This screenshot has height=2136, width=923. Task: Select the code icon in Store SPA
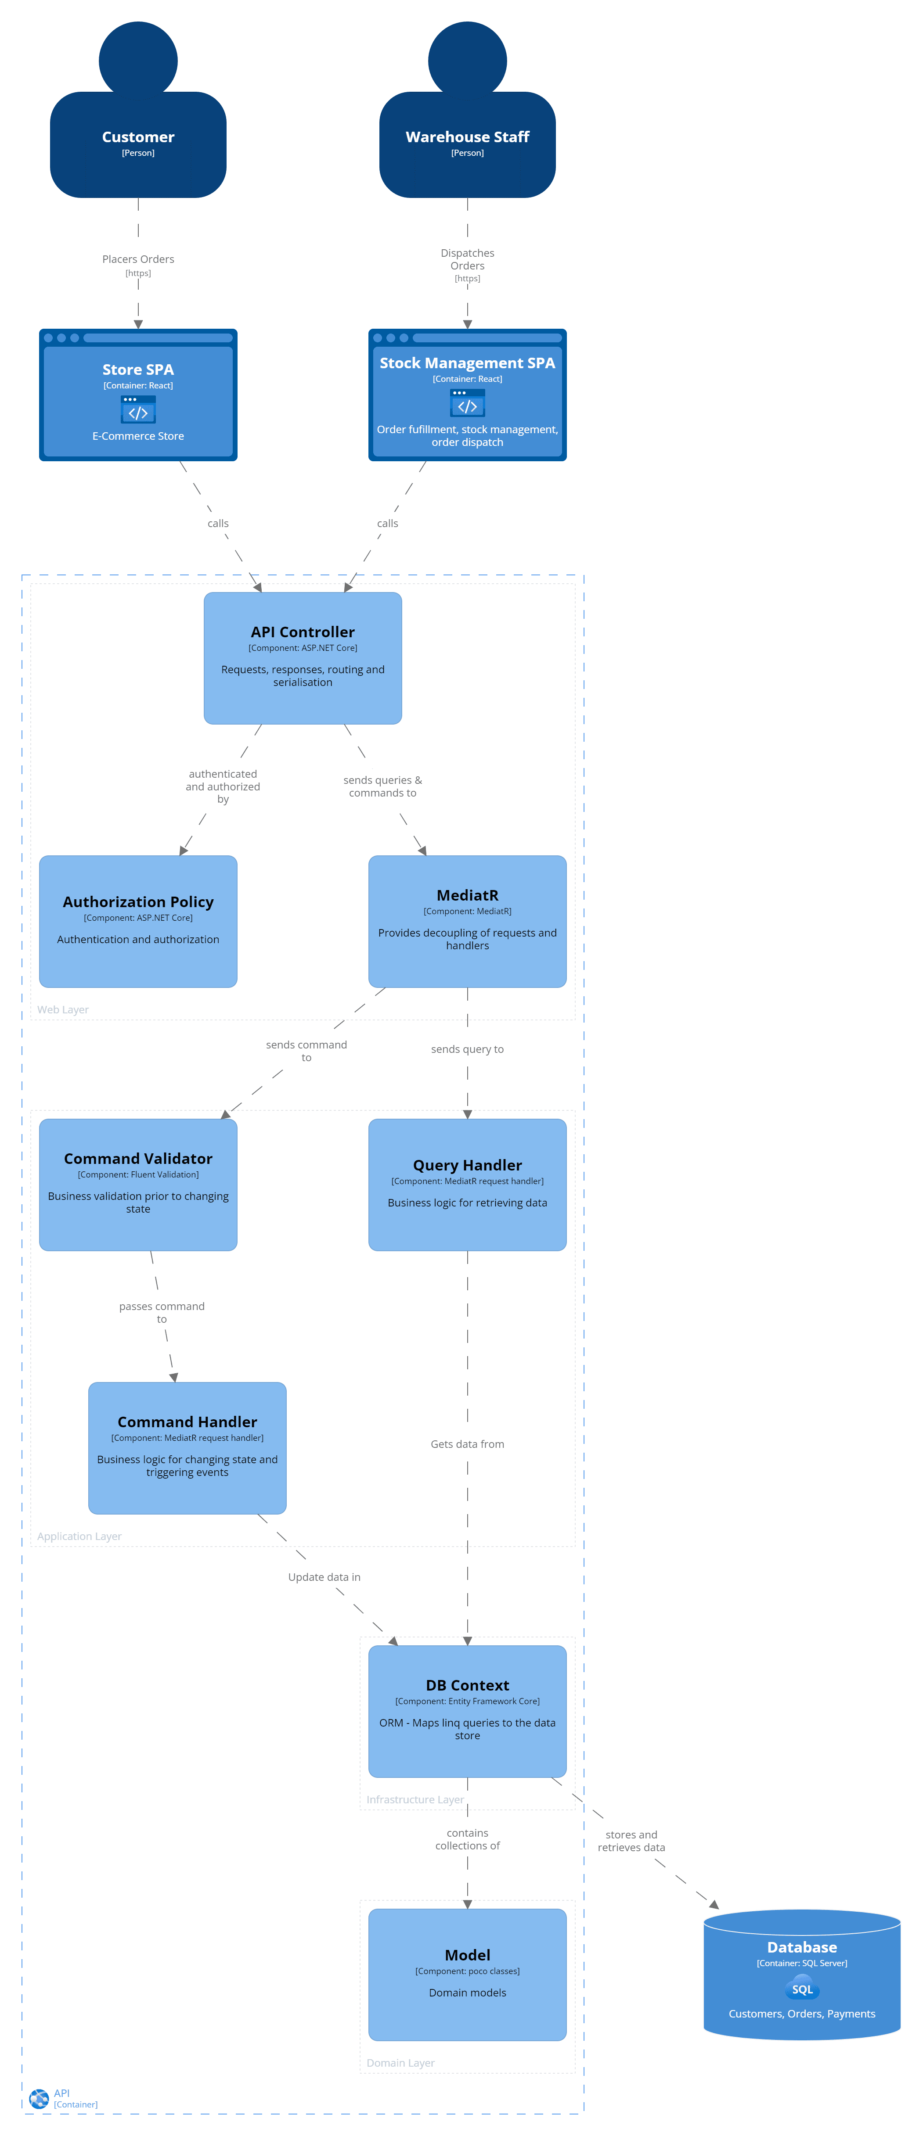[138, 409]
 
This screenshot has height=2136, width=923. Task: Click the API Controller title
[303, 632]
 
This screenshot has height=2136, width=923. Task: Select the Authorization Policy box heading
[138, 901]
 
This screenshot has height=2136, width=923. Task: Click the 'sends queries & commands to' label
[382, 786]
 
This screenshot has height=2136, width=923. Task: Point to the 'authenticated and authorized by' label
[222, 786]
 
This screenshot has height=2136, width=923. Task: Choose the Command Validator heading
[138, 1158]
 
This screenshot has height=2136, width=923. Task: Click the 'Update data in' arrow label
[324, 1577]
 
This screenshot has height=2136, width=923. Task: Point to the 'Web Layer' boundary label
[63, 1009]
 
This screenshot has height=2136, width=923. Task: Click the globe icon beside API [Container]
[38, 2098]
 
